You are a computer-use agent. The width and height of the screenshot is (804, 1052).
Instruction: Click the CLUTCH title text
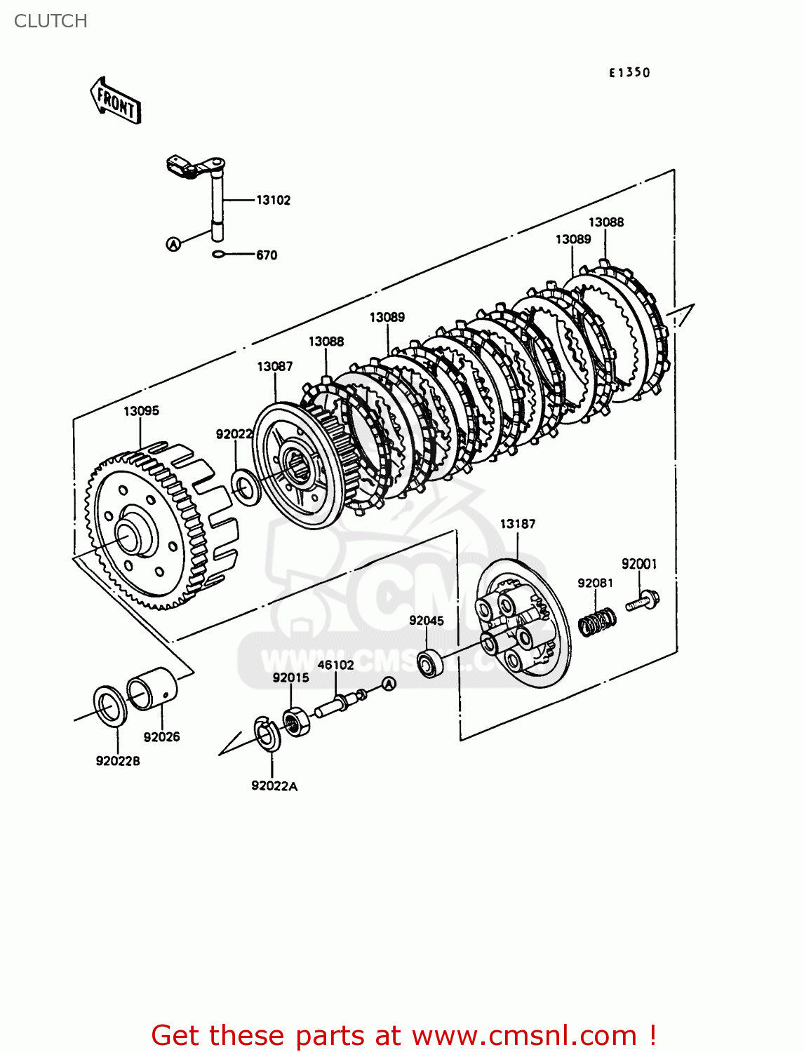51,21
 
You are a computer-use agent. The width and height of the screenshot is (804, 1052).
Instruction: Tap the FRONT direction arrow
116,102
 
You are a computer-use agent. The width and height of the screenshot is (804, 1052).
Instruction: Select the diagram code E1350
629,72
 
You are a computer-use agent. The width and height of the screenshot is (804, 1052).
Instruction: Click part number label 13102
273,201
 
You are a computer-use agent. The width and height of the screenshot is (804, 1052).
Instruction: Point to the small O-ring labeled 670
219,255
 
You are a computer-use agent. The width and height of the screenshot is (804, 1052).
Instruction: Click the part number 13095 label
141,411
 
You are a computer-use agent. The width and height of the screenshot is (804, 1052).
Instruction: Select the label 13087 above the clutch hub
274,367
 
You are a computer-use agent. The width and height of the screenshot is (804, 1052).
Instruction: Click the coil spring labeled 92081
597,621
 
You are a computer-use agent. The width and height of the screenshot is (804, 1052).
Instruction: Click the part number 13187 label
517,524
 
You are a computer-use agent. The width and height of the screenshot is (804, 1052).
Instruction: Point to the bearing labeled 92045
429,663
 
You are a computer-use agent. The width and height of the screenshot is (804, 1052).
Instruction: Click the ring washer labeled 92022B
109,706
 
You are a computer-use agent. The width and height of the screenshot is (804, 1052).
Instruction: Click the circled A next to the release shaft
173,244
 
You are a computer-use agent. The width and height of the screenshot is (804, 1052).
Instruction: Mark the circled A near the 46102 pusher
389,684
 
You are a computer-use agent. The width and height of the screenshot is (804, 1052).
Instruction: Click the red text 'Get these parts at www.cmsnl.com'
403,1035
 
